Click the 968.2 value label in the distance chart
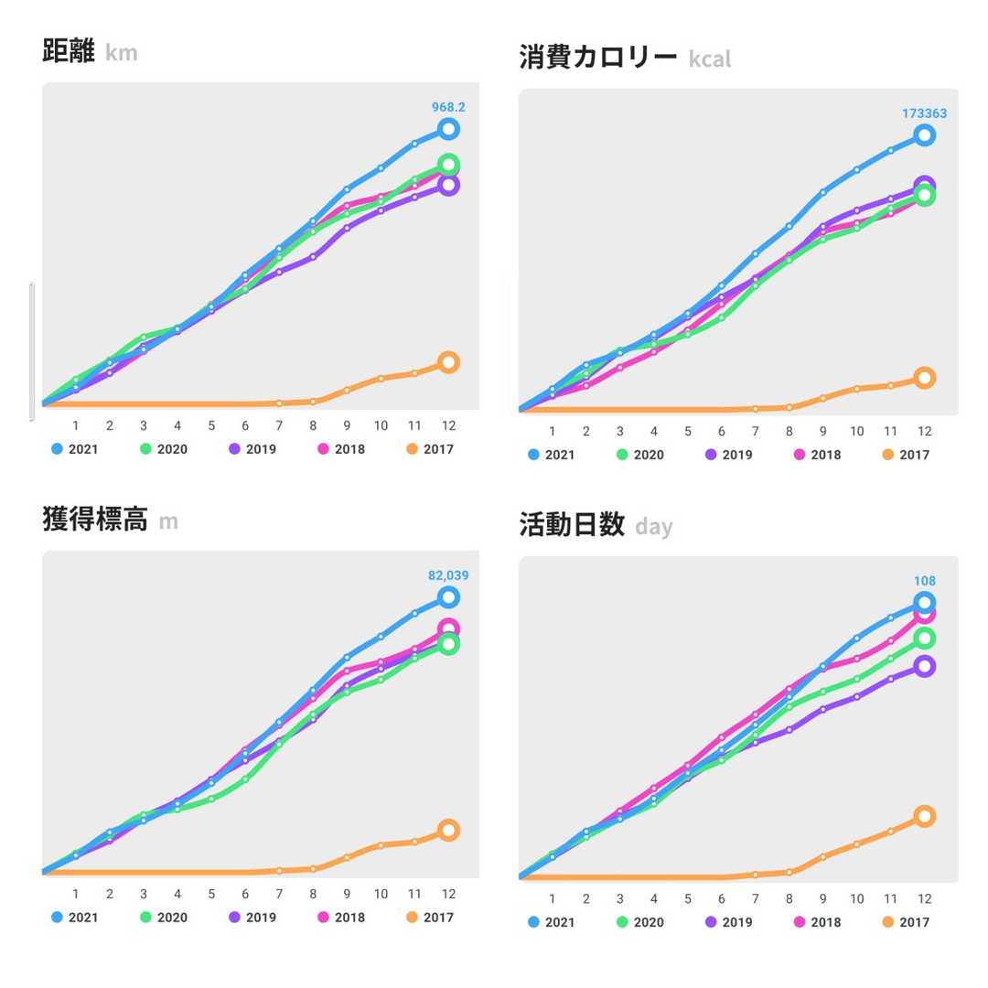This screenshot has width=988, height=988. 448,107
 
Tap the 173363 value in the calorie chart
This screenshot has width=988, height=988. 924,113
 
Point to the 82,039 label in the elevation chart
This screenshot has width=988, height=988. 448,575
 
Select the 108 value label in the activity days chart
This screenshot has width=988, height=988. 924,581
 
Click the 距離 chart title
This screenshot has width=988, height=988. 69,51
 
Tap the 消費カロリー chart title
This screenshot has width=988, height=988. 598,58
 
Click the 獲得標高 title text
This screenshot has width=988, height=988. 94,520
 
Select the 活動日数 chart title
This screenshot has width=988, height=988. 571,525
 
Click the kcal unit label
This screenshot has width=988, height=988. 710,60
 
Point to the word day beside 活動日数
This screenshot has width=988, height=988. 653,527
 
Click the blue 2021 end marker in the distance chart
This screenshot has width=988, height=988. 448,129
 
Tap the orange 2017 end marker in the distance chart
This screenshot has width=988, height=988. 448,362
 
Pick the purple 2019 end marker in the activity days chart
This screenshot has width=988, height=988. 924,666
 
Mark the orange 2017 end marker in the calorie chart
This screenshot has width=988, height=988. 924,378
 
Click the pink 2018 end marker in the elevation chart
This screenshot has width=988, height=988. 448,629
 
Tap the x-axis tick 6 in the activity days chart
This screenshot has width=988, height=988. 722,899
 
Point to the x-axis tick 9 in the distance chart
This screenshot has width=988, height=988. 347,426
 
